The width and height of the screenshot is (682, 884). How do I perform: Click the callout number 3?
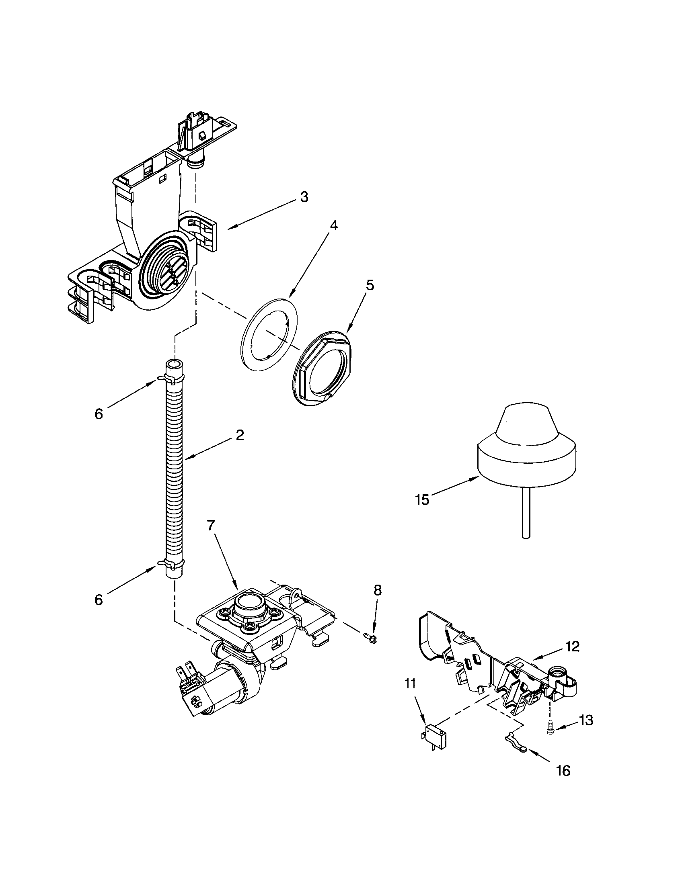304,197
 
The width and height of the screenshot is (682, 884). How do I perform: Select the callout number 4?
333,225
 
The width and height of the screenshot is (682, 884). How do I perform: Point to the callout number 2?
240,435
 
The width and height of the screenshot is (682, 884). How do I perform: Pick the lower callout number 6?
99,600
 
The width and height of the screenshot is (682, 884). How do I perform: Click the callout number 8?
377,590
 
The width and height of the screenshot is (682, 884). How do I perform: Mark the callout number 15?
422,500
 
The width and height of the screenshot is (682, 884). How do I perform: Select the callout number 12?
573,647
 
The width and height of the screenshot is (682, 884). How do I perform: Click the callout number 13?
586,720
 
